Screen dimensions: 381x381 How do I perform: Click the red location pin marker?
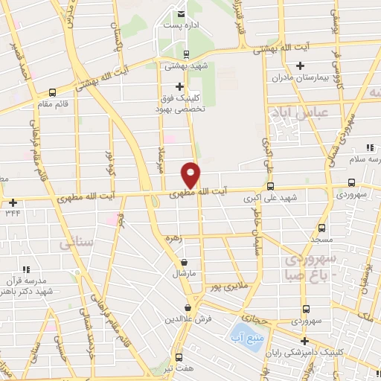190,174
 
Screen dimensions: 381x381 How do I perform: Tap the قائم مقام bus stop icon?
52,93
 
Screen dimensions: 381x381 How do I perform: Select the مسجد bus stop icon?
321,228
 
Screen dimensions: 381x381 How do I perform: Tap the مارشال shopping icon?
184,263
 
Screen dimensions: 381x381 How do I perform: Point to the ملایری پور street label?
223,286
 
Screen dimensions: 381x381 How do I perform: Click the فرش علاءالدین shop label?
189,318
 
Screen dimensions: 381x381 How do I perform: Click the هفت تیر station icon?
179,357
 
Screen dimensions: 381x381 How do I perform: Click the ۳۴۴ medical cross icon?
13,202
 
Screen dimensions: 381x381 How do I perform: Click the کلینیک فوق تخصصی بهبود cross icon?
179,86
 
